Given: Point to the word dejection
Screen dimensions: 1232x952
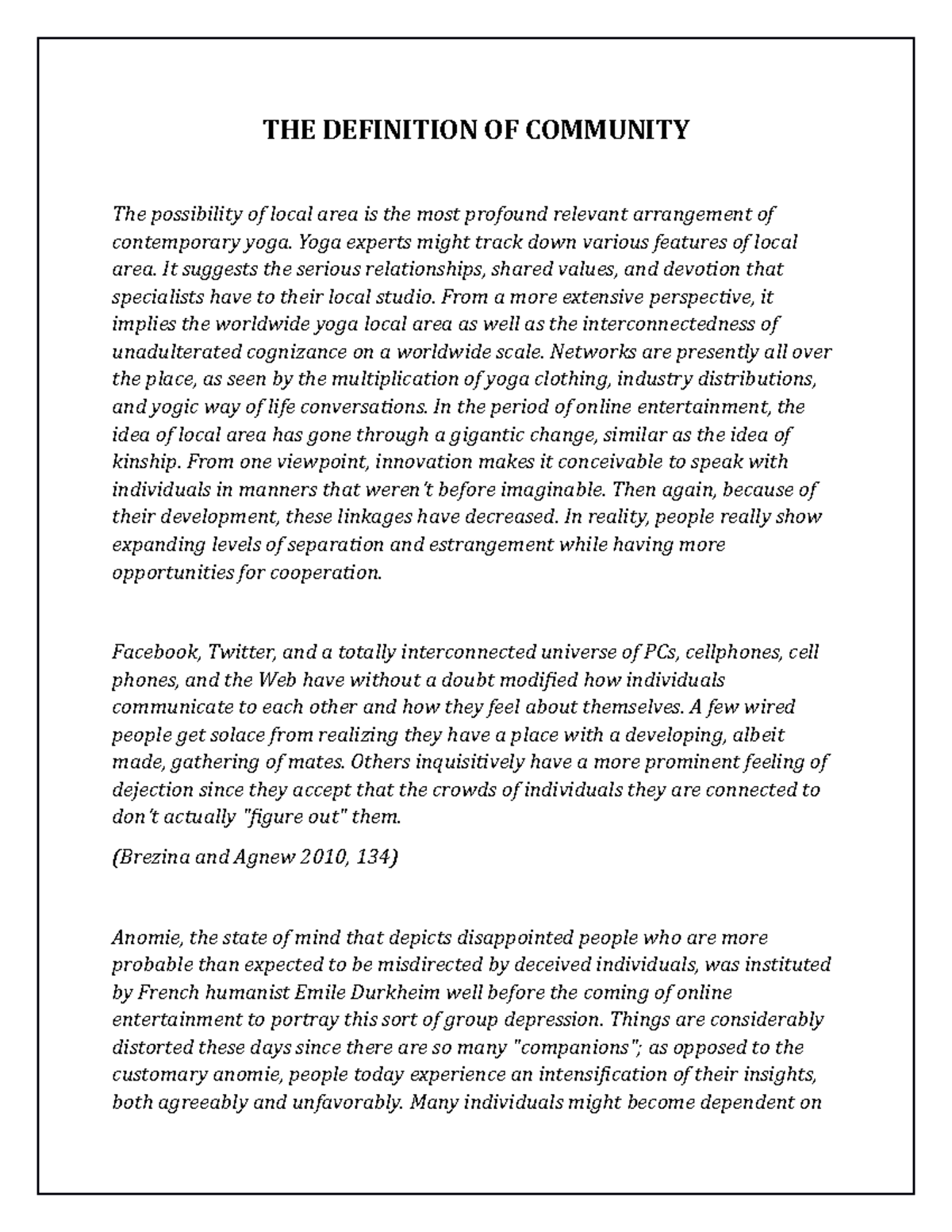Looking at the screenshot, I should (152, 790).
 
